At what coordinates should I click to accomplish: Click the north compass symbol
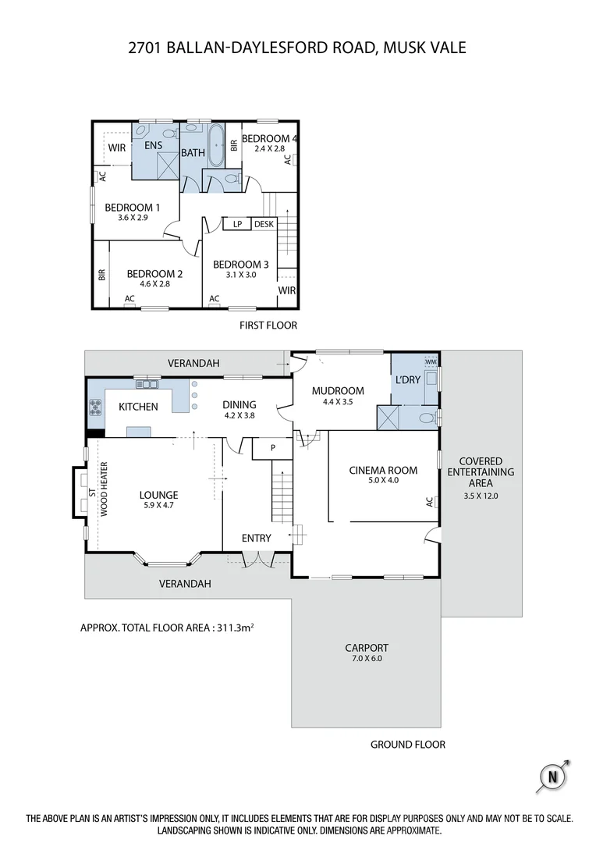tap(553, 776)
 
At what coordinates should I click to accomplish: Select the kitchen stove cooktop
tap(96, 407)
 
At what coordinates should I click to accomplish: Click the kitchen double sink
tap(147, 384)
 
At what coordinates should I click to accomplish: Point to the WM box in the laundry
tap(431, 363)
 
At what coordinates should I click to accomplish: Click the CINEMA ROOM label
tap(383, 470)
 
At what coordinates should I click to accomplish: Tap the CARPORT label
tap(367, 647)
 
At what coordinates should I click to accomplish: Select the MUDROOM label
tap(338, 390)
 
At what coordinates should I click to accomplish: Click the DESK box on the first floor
tap(264, 224)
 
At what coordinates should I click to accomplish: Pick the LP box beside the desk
tap(237, 224)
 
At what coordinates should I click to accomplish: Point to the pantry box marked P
tap(273, 449)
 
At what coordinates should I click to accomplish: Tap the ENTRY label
tap(256, 538)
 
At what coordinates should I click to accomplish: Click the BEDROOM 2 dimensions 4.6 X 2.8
tap(154, 284)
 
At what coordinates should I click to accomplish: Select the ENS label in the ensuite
tap(153, 145)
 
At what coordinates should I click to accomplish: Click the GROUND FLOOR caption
tap(407, 745)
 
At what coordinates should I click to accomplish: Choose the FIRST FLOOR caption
tap(268, 325)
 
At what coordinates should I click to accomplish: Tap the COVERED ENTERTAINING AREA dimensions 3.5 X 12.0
tap(480, 495)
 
